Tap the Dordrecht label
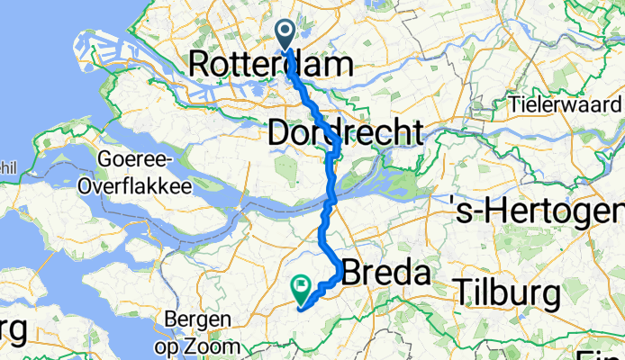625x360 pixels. pos(345,133)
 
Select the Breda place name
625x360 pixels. pos(385,272)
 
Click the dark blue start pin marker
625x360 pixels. pos(286,34)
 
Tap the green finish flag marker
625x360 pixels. pos(299,288)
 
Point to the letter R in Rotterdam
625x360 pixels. pos(200,65)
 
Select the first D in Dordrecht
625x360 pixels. pos(277,133)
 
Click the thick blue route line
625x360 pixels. pos(330,180)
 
